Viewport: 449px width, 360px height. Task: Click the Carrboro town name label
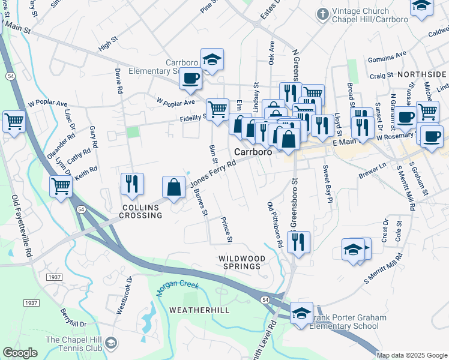tap(253, 152)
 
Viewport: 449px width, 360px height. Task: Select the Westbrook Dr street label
tap(123, 295)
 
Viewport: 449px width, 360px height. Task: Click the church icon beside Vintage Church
tap(322, 13)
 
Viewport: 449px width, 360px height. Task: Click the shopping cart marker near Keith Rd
tap(61, 186)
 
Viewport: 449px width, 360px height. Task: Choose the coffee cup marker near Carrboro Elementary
tap(191, 79)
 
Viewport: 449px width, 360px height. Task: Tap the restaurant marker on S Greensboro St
tap(298, 241)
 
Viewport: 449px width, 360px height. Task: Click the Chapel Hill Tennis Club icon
tap(111, 343)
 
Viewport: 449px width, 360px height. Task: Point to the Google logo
tap(20, 353)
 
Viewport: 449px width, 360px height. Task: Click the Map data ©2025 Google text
tap(412, 355)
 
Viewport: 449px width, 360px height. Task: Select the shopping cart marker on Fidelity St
tap(217, 109)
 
